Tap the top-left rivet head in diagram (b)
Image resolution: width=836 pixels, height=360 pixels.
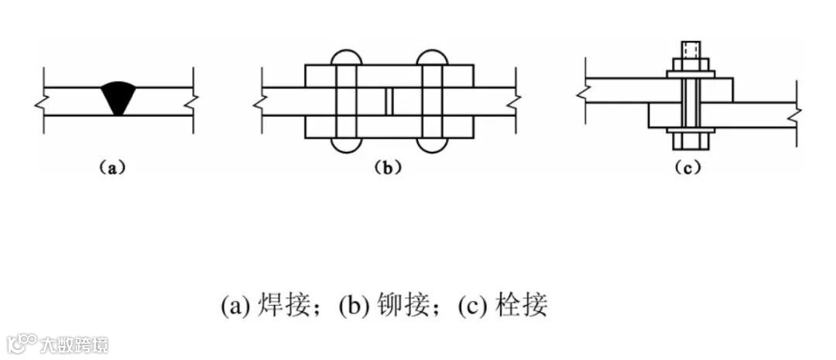click(348, 57)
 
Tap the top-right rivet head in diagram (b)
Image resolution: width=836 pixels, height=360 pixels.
click(432, 57)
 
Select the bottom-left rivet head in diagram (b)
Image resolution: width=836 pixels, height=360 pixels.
click(348, 146)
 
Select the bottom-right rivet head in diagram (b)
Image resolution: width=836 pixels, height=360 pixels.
click(432, 146)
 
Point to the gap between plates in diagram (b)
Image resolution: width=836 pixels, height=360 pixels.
click(389, 101)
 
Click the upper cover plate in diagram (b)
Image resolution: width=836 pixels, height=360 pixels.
click(389, 75)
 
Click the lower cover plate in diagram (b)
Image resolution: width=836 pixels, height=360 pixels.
click(389, 128)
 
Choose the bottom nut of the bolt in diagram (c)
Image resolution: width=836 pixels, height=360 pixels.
click(690, 140)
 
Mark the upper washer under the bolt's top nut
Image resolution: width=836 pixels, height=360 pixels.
click(690, 74)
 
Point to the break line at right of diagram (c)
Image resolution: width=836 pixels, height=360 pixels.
click(797, 115)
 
